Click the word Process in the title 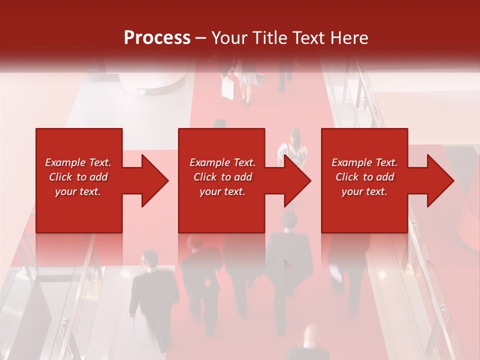pyautogui.click(x=157, y=38)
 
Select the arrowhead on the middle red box pyautogui.click(x=296, y=180)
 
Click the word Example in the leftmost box pyautogui.click(x=64, y=162)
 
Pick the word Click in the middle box pyautogui.click(x=204, y=177)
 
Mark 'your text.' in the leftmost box pyautogui.click(x=78, y=191)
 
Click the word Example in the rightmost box pyautogui.click(x=351, y=162)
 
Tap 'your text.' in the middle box pyautogui.click(x=222, y=191)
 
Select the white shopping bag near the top pyautogui.click(x=228, y=89)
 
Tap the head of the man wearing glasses pyautogui.click(x=148, y=258)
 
